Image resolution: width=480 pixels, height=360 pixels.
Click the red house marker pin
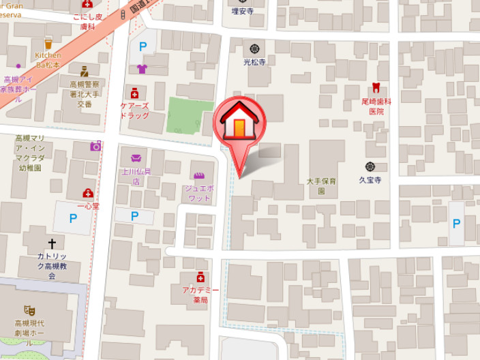(239, 123)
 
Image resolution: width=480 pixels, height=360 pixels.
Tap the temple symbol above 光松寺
(255, 48)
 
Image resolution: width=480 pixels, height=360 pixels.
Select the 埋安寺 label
(242, 12)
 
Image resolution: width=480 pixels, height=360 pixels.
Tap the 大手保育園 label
(320, 186)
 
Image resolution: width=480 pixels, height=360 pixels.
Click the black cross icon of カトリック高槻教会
(52, 243)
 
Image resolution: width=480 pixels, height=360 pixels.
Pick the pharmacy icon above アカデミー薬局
(200, 277)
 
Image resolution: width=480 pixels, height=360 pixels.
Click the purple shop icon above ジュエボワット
(199, 175)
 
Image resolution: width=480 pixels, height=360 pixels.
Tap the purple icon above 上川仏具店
(135, 158)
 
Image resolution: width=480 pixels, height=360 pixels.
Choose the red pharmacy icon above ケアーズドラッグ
(134, 93)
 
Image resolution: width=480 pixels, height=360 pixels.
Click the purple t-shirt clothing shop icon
(142, 68)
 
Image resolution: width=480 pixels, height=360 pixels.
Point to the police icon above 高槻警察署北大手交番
(84, 71)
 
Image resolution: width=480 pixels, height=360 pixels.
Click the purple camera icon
(95, 146)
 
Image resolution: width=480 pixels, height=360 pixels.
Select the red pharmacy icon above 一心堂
(88, 193)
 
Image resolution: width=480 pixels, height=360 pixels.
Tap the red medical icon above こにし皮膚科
(87, 5)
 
